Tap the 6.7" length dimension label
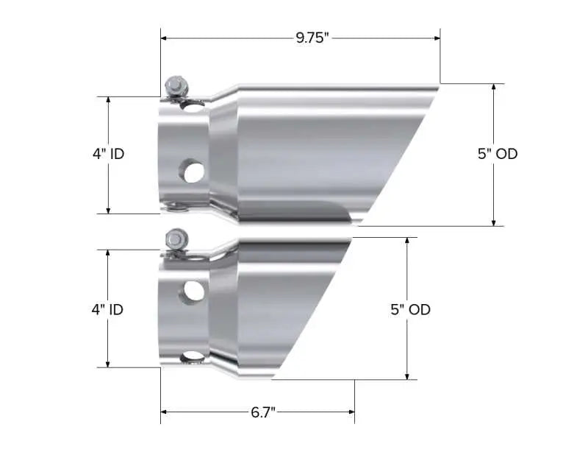tap(262, 412)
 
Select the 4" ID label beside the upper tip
tap(108, 154)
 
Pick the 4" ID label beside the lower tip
tap(107, 309)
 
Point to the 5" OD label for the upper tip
tap(498, 154)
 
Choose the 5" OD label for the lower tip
tap(411, 309)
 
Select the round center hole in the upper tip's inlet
tap(194, 172)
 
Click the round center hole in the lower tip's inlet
tap(194, 292)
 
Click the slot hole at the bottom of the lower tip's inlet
tap(193, 356)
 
